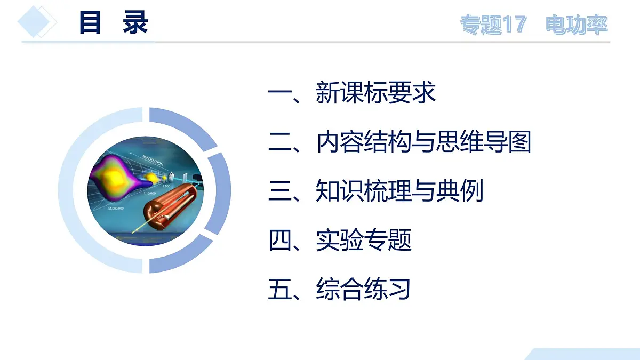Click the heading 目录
[x=113, y=23]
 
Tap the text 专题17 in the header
[x=493, y=25]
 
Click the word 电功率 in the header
[x=577, y=25]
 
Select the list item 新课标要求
[x=375, y=93]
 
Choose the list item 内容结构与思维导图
[x=423, y=142]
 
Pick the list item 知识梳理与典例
[x=399, y=191]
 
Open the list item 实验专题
[x=364, y=240]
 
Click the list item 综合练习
[x=364, y=289]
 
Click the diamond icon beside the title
[x=37, y=22]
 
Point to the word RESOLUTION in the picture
[x=153, y=159]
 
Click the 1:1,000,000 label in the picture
[x=115, y=209]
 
